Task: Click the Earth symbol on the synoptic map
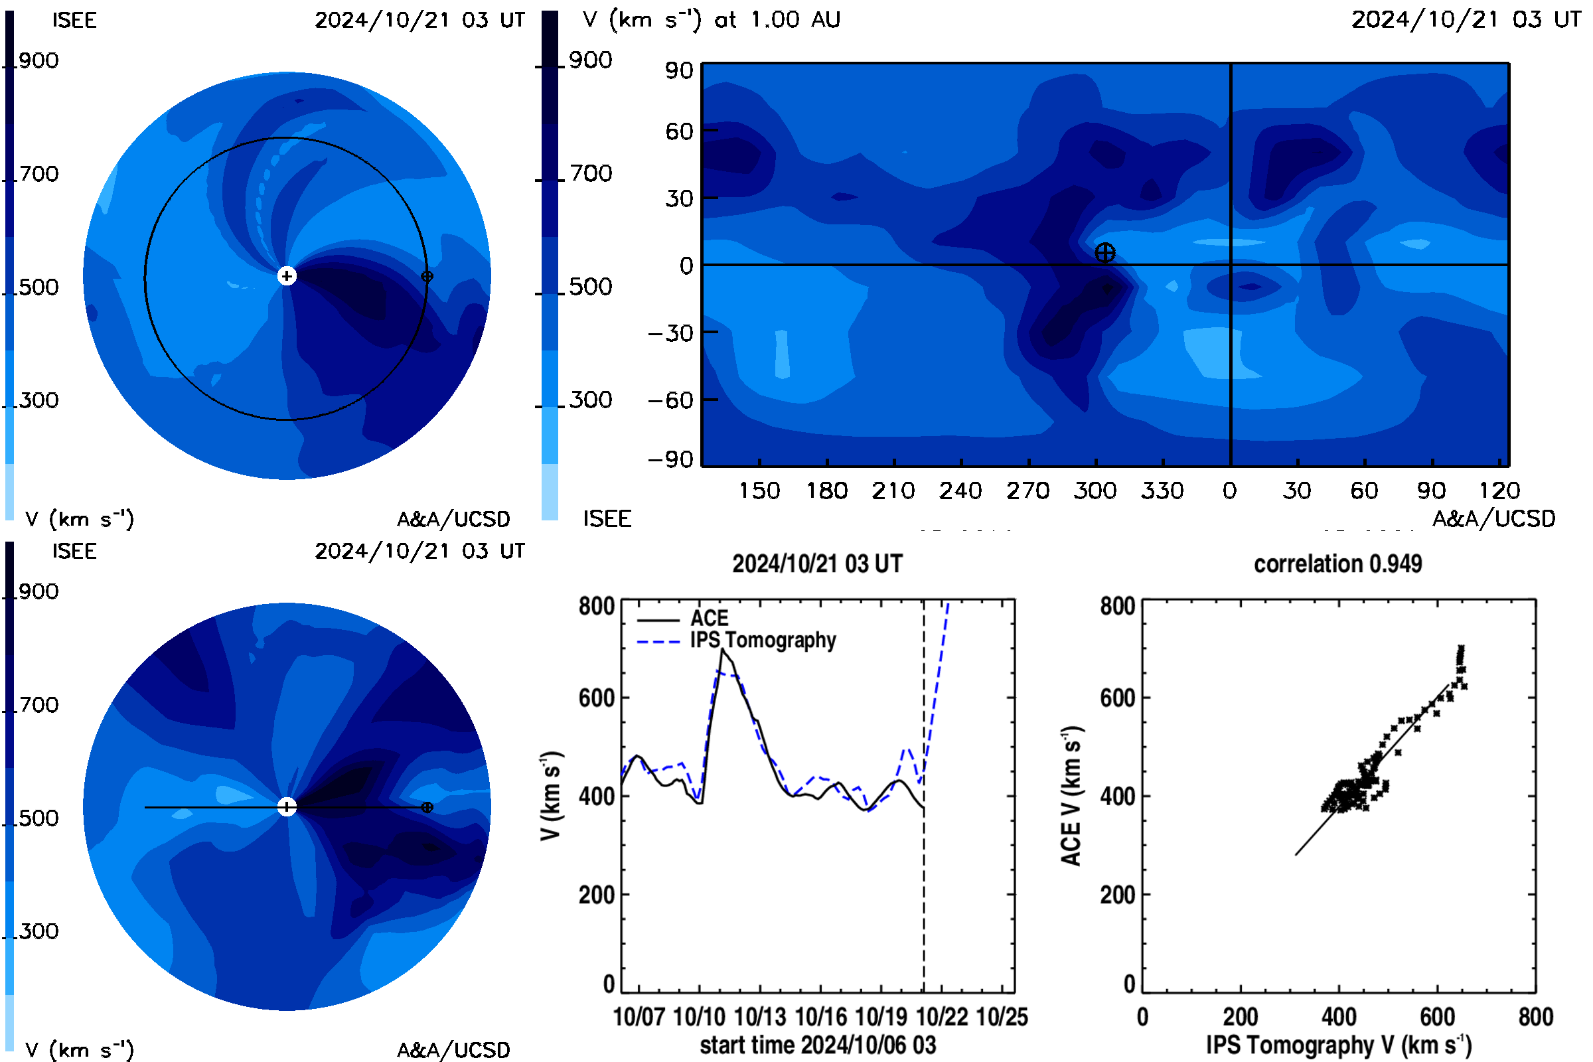1104,254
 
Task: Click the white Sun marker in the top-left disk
287,276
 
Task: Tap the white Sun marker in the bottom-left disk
287,807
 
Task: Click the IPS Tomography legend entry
736,641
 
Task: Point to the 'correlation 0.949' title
1337,564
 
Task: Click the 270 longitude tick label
1027,491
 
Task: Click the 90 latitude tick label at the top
678,70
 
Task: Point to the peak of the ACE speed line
723,650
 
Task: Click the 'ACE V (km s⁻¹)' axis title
1071,796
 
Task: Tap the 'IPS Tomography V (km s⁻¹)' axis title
1338,1045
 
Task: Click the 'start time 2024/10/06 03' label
818,1045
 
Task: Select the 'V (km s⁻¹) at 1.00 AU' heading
712,20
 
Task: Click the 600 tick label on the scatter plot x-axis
1437,1018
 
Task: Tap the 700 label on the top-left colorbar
38,174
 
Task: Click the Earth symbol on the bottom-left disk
427,807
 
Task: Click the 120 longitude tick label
1499,491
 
